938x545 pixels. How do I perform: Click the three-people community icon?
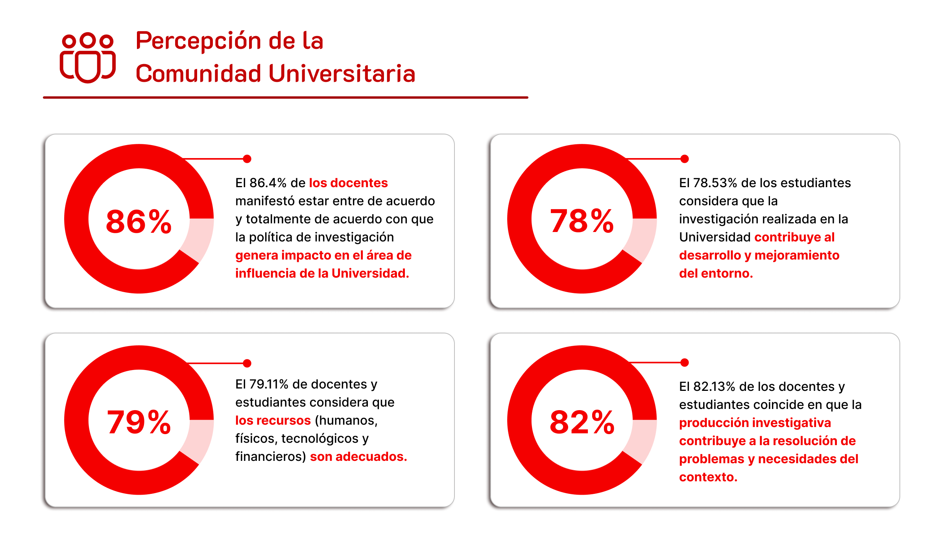pyautogui.click(x=88, y=57)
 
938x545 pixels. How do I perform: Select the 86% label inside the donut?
pyautogui.click(x=138, y=221)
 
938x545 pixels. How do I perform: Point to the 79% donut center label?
pyautogui.click(x=138, y=422)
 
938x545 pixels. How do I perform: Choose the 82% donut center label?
pyautogui.click(x=582, y=422)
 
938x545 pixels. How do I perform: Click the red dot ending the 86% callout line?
pyautogui.click(x=247, y=159)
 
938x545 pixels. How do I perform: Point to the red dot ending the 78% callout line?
pyautogui.click(x=685, y=159)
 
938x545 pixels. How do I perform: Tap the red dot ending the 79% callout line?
pyautogui.click(x=247, y=363)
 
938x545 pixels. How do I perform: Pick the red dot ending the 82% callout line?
pyautogui.click(x=685, y=363)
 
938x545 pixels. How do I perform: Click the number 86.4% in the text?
pyautogui.click(x=268, y=183)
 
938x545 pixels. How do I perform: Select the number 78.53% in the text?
pyautogui.click(x=715, y=183)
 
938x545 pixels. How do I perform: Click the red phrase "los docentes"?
pyautogui.click(x=348, y=183)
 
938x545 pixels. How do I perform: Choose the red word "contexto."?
pyautogui.click(x=708, y=477)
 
